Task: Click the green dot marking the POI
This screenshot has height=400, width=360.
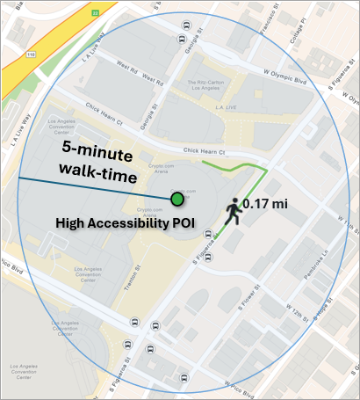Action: [x=177, y=200]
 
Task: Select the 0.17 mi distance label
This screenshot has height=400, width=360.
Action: [x=266, y=204]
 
